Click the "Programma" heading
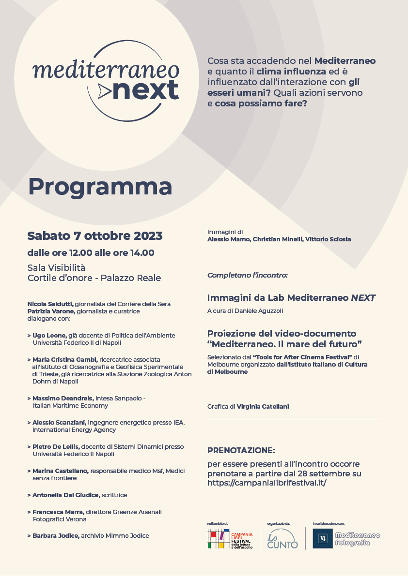tap(100, 186)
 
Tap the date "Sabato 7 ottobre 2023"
tap(95, 236)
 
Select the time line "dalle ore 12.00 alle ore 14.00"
tap(91, 252)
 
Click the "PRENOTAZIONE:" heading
tap(241, 450)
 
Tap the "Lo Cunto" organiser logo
tap(282, 538)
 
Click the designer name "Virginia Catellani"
tap(263, 407)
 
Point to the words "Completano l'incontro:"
tap(248, 275)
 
